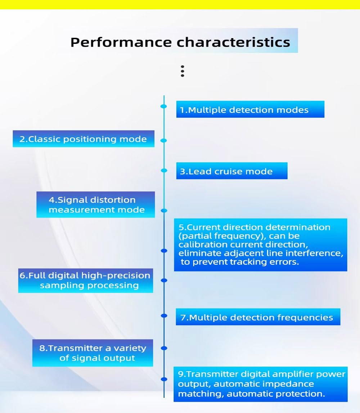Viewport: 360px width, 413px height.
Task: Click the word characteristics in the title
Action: [x=233, y=42]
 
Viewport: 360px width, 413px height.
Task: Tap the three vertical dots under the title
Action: [x=183, y=71]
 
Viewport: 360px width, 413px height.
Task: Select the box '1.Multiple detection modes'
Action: [x=250, y=109]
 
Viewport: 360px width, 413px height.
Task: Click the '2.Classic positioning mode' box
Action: [x=83, y=139]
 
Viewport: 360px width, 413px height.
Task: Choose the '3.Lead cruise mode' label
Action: [x=231, y=171]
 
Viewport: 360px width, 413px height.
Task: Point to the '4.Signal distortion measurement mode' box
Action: [x=95, y=205]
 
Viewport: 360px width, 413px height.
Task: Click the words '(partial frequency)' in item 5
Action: [x=208, y=236]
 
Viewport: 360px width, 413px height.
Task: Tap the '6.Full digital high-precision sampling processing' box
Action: [x=85, y=281]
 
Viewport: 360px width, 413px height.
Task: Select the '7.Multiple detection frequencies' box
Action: [x=258, y=317]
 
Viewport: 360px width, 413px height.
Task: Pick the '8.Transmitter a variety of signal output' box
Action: [x=93, y=353]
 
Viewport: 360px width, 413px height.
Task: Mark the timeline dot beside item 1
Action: [x=164, y=106]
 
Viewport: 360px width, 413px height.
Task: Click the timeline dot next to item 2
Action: [x=164, y=141]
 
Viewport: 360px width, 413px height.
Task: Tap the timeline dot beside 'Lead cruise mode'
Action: [x=164, y=171]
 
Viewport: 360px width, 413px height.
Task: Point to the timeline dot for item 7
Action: [x=164, y=316]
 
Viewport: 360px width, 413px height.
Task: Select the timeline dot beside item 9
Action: [x=164, y=379]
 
